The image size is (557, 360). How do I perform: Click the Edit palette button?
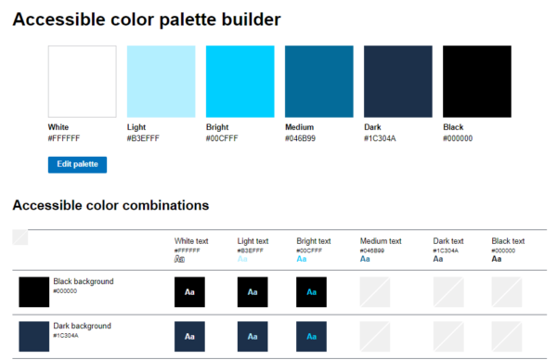point(77,164)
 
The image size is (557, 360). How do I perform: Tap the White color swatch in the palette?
point(82,82)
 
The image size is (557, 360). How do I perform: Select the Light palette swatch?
point(161,82)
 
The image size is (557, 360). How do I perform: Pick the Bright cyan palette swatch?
point(240,82)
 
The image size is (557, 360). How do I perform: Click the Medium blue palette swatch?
point(319,82)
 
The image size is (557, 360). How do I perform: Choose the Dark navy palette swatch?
point(398,82)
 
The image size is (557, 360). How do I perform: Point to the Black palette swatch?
point(477,82)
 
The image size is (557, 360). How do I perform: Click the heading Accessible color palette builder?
point(147,19)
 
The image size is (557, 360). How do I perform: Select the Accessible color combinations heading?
point(110,205)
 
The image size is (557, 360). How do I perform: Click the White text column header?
point(191,241)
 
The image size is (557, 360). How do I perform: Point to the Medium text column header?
point(381,241)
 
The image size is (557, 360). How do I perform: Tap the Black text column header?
point(508,241)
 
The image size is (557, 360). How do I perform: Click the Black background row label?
point(84,280)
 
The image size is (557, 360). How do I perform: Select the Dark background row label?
point(83,326)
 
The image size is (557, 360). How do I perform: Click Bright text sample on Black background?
point(312,292)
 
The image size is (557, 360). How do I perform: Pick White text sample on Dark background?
point(189,336)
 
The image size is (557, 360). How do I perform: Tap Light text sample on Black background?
point(253,292)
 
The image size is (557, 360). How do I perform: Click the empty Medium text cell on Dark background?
point(375,336)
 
